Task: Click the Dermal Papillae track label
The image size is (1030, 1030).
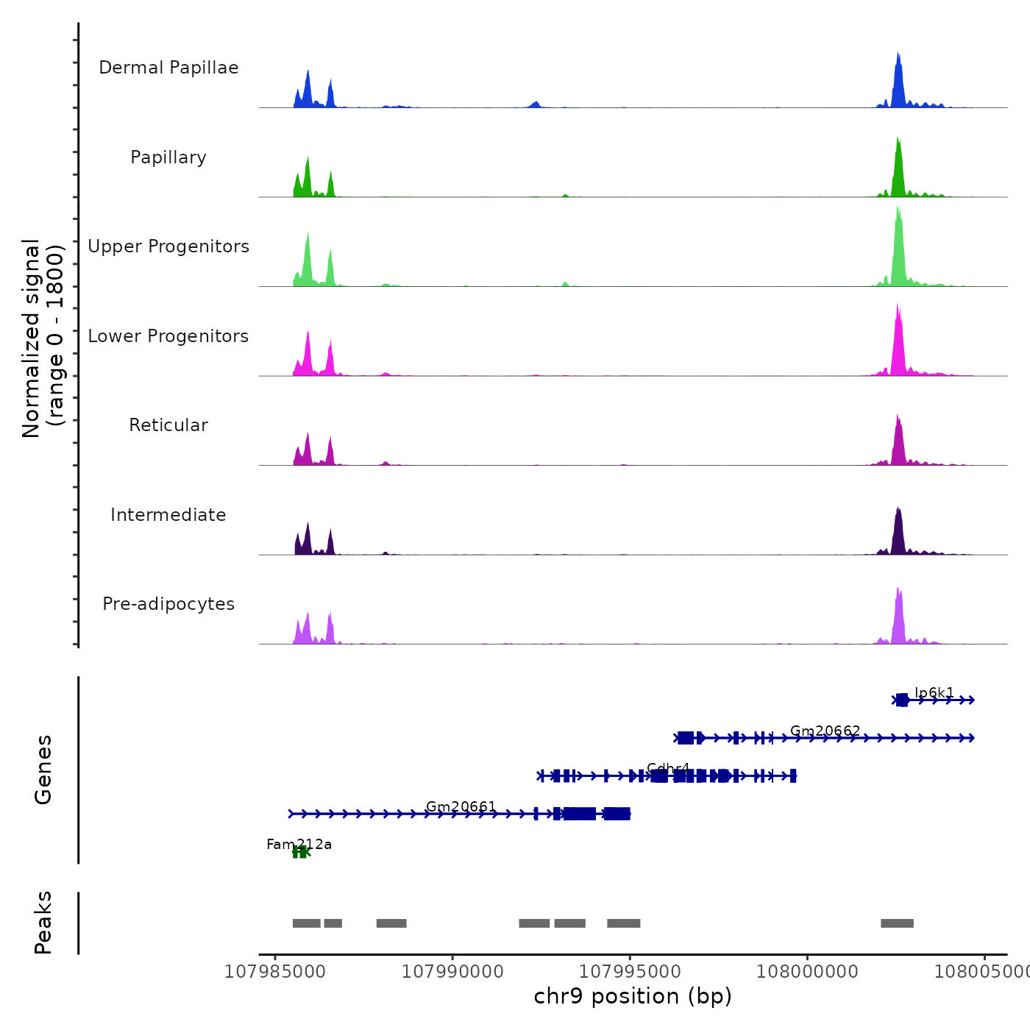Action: (168, 68)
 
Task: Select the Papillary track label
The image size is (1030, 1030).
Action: (168, 157)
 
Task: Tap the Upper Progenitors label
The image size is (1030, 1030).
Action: (168, 246)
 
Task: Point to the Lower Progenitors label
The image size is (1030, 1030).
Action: (168, 336)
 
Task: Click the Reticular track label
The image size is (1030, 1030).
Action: (168, 425)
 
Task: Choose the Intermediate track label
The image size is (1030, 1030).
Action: (168, 515)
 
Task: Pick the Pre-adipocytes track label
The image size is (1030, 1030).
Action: (168, 604)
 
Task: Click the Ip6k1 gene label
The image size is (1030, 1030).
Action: (934, 692)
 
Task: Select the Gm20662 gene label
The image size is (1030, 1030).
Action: (825, 731)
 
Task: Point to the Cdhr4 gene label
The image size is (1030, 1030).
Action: (668, 769)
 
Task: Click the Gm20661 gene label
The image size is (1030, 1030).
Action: (461, 806)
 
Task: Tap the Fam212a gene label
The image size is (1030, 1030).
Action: (299, 845)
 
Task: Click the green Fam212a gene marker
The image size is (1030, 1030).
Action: (300, 853)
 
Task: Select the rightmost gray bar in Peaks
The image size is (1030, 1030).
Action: (897, 923)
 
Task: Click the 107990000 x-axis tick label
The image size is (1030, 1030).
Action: (452, 972)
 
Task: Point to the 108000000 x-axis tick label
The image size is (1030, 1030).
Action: (807, 972)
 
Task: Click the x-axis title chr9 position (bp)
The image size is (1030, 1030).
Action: (633, 996)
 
